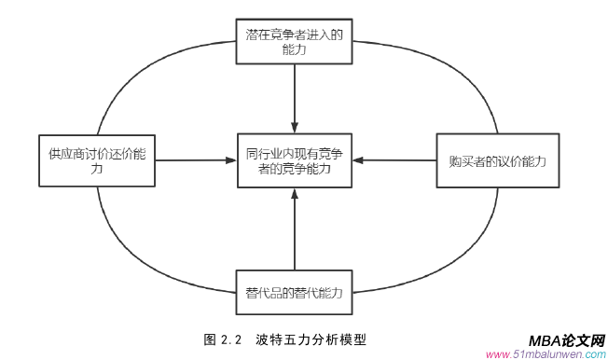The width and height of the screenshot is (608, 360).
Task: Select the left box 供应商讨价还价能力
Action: pyautogui.click(x=98, y=159)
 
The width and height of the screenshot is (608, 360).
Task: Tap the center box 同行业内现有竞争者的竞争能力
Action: pyautogui.click(x=294, y=159)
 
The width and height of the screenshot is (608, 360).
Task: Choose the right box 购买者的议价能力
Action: pyautogui.click(x=491, y=159)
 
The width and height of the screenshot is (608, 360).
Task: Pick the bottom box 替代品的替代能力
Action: pyautogui.click(x=294, y=291)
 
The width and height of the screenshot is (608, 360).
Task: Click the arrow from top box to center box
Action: pyautogui.click(x=294, y=98)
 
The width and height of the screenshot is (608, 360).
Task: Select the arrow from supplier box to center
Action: pyautogui.click(x=191, y=160)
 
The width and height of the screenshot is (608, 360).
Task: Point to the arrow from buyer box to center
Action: pyautogui.click(x=396, y=160)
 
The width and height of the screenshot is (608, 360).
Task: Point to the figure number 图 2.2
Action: pyautogui.click(x=223, y=339)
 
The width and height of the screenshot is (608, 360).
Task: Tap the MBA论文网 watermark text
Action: pyautogui.click(x=566, y=340)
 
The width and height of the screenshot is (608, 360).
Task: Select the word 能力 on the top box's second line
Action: pyautogui.click(x=294, y=52)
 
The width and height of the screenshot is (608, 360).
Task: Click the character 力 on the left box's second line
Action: pyautogui.click(x=98, y=171)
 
